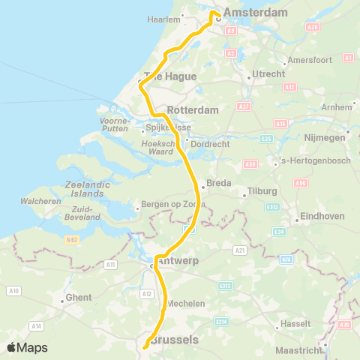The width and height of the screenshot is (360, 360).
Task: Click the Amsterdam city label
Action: [x=256, y=13]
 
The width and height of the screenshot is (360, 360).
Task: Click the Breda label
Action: [x=218, y=182]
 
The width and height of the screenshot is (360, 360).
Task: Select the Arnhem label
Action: [x=337, y=107]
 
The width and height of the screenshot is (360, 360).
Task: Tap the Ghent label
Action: [x=79, y=298]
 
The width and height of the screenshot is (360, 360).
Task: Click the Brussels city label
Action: [x=175, y=340]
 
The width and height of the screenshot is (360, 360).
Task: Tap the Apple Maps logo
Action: [x=26, y=347]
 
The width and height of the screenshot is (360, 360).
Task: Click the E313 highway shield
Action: [x=225, y=286]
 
